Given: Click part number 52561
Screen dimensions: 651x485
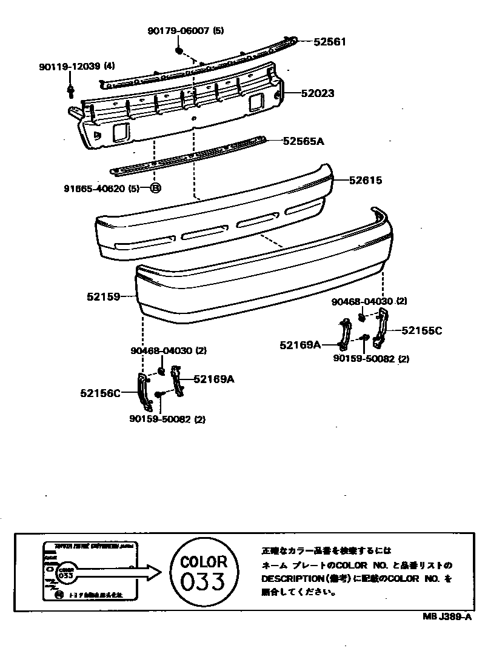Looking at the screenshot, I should pyautogui.click(x=329, y=42).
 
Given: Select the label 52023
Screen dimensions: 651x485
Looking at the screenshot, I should pyautogui.click(x=317, y=94).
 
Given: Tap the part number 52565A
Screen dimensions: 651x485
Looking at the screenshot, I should pyautogui.click(x=304, y=141).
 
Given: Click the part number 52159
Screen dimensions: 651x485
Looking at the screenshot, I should pyautogui.click(x=103, y=297).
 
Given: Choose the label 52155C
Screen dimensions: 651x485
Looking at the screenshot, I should pyautogui.click(x=422, y=330).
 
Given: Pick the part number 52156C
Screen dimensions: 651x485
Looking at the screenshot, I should pyautogui.click(x=100, y=393).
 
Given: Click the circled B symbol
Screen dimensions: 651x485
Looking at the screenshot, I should pyautogui.click(x=155, y=189).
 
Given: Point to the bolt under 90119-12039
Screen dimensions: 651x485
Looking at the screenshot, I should pyautogui.click(x=71, y=91).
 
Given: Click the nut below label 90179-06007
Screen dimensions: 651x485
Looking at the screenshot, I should pyautogui.click(x=180, y=50).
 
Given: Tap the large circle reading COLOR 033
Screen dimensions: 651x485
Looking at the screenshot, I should pyautogui.click(x=204, y=572).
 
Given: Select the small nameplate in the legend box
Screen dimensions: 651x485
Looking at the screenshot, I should pyautogui.click(x=91, y=572).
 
